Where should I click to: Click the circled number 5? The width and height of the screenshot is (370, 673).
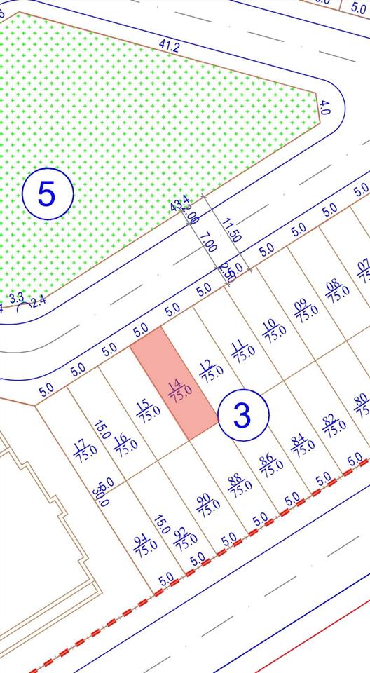pos(47,193)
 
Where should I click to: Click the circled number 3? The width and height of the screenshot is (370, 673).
pos(242,416)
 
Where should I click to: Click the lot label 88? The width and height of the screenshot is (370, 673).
pos(238,484)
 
